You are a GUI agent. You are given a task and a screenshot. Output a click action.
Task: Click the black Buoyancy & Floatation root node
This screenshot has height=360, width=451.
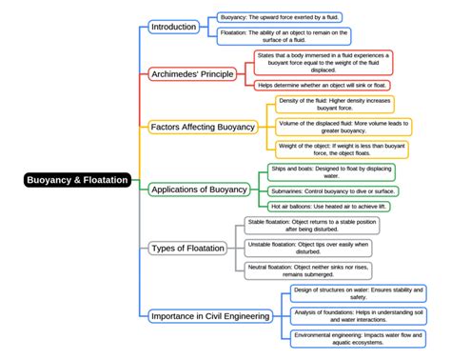pos(77,179)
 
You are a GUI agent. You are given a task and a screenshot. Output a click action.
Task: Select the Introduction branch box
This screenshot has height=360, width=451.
pos(173,27)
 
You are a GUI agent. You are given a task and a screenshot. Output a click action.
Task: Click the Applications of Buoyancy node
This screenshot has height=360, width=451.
pos(199,190)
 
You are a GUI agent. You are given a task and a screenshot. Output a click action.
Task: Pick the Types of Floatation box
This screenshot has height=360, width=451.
pos(188,249)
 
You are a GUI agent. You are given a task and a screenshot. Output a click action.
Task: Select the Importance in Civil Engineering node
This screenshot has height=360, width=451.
pos(210,315)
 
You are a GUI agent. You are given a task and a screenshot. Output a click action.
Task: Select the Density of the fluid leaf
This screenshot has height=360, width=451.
pos(335,104)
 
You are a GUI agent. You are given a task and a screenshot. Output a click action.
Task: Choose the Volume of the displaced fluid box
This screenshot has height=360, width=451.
pos(335,127)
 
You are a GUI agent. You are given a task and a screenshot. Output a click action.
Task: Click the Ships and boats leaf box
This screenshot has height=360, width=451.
pos(318,171)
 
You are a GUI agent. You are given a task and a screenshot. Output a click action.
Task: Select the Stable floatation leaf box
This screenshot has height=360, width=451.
pos(311,226)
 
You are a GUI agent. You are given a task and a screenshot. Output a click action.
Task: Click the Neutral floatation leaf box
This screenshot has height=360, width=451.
pos(311,271)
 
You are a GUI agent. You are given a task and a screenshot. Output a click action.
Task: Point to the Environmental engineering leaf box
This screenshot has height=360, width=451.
pos(359,339)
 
